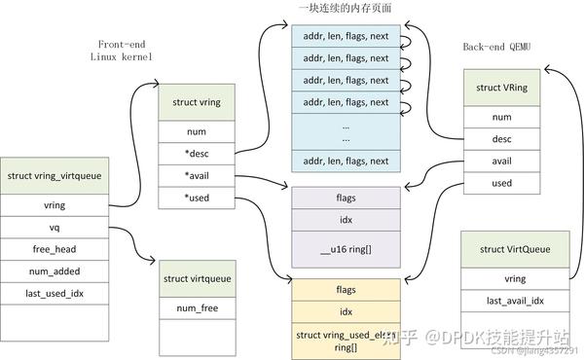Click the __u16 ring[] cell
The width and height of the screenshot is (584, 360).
coord(346,251)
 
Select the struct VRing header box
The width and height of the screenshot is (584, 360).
coord(501,88)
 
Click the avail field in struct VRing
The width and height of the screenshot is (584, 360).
coord(501,161)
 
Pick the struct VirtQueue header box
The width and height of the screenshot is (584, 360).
coord(514,249)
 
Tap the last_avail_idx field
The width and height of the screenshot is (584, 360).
coord(514,302)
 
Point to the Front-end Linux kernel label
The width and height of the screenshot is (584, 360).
coord(123,51)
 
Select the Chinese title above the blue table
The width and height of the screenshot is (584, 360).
coord(346,9)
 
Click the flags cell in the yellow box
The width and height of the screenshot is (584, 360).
coord(346,289)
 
